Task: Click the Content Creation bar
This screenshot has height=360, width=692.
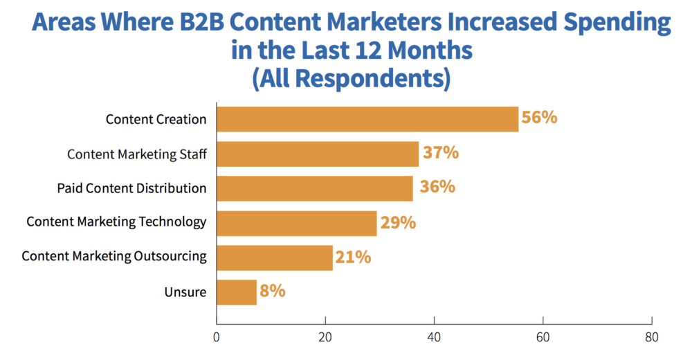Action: tap(367, 119)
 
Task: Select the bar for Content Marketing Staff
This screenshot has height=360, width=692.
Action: tap(318, 154)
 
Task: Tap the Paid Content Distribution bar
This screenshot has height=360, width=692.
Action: tap(315, 188)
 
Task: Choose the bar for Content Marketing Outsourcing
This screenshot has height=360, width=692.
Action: tap(275, 258)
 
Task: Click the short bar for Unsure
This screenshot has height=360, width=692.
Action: tap(237, 292)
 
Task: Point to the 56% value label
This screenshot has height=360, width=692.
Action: tap(540, 118)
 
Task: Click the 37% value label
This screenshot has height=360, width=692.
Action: tap(440, 152)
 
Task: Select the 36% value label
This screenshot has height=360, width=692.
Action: tap(436, 187)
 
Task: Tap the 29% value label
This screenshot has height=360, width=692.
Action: tap(397, 222)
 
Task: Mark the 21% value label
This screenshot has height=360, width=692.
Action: tap(354, 258)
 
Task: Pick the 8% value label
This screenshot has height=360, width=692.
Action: tap(273, 291)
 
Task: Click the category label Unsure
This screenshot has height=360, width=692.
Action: tap(185, 292)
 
